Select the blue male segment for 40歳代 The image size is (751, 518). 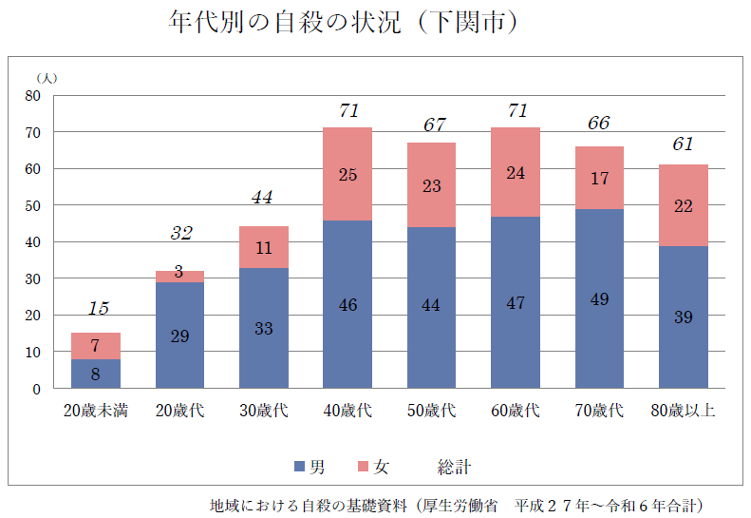click(x=347, y=304)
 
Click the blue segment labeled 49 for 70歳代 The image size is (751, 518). click(x=599, y=298)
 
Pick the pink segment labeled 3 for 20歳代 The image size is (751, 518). click(x=179, y=277)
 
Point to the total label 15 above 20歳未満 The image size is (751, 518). click(x=98, y=309)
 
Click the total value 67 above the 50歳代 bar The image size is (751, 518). click(x=433, y=125)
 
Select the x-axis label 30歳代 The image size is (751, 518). click(x=264, y=411)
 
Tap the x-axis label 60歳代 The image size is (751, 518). click(x=516, y=411)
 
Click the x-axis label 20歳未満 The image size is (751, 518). click(x=96, y=411)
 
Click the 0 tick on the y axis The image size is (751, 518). click(x=36, y=389)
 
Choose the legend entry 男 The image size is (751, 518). click(x=310, y=467)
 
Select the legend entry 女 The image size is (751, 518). click(x=373, y=467)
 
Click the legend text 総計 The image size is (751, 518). click(x=454, y=467)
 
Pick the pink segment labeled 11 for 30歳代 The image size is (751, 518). click(x=264, y=247)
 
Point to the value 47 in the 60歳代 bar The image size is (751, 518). click(x=516, y=303)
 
